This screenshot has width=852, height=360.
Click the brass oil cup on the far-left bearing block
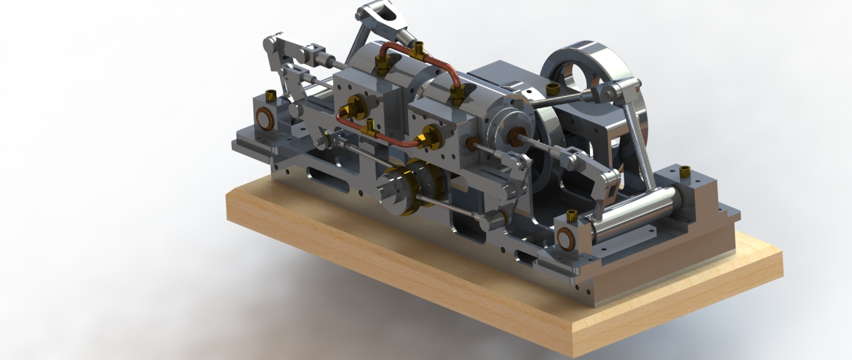271,95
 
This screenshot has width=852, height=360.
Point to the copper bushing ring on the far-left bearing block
264,119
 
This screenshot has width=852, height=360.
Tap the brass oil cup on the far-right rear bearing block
685,171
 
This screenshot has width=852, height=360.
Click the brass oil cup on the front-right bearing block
571,216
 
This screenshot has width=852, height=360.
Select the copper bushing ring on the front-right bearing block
566,238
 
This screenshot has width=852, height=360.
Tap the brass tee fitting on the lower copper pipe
370,127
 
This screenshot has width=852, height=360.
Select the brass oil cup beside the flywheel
552,88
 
